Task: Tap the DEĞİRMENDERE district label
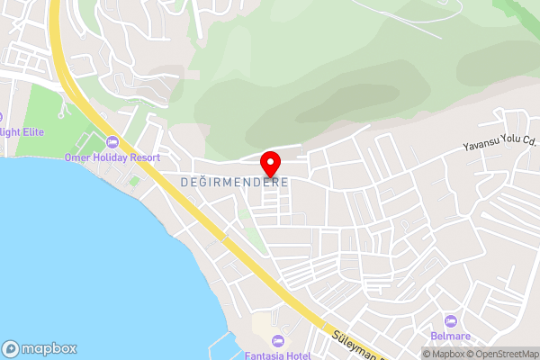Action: click(x=233, y=181)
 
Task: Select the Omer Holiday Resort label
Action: click(x=112, y=157)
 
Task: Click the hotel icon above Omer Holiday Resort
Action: click(x=112, y=142)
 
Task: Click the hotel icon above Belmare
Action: click(x=451, y=320)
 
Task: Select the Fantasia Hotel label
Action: click(x=277, y=354)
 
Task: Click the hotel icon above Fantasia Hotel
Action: click(x=277, y=340)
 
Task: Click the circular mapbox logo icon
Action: click(x=11, y=348)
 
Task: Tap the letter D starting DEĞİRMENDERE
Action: click(x=184, y=181)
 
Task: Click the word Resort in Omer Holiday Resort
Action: click(x=143, y=157)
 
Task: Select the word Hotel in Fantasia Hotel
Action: click(x=296, y=354)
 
